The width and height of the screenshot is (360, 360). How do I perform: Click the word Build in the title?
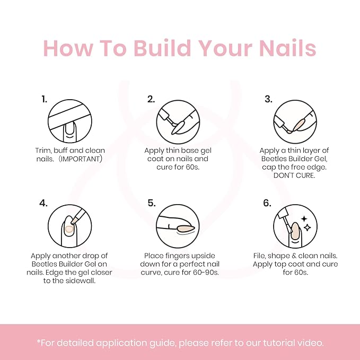click(162, 48)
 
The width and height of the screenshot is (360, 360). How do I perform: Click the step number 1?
click(44, 99)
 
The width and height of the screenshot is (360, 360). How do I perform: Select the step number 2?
click(151, 99)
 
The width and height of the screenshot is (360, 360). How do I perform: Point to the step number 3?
click(268, 99)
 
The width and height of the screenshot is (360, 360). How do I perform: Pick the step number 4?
click(43, 203)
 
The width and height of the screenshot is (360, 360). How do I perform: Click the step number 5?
click(152, 203)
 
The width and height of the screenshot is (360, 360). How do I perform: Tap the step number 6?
click(267, 203)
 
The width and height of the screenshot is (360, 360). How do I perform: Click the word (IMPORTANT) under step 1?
click(81, 159)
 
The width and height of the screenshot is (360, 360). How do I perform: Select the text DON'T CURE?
click(294, 175)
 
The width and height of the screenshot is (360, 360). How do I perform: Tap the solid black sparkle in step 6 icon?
click(304, 219)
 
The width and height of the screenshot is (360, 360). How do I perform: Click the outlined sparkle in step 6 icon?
click(307, 227)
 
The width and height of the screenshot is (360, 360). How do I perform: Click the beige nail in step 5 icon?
click(186, 228)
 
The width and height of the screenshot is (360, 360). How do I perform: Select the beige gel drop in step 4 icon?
click(69, 230)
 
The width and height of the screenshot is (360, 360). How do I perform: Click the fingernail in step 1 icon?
click(69, 130)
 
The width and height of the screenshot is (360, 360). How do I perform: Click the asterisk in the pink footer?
click(38, 341)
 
